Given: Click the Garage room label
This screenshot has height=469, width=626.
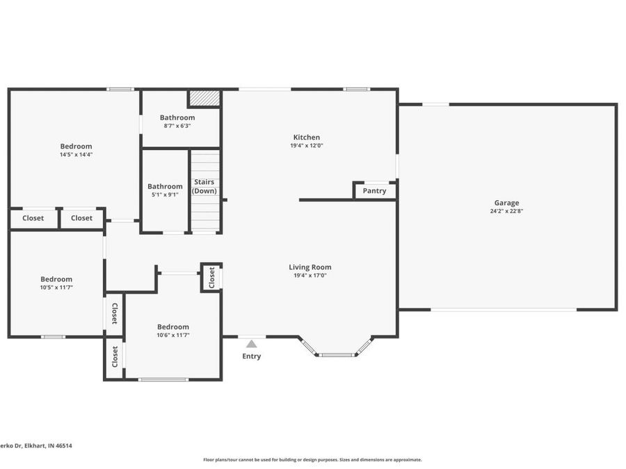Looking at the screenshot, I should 506,203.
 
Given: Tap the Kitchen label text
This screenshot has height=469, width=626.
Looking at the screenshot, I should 306,138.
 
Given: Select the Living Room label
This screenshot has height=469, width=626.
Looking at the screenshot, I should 310,267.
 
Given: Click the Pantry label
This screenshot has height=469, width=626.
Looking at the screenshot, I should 374,191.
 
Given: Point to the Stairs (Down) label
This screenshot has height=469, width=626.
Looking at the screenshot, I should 204,186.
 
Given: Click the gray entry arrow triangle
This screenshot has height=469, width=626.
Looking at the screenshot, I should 251,343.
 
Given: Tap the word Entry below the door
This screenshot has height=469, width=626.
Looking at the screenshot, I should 251,356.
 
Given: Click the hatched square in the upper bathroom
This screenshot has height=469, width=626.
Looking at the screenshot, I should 204,98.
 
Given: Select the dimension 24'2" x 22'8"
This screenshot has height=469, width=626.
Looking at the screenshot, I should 506,211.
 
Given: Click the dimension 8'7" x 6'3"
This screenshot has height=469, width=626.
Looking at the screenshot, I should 177,126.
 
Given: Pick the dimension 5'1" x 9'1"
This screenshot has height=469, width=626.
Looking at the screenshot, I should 165,195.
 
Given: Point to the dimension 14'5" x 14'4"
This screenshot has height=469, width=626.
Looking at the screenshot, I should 76,154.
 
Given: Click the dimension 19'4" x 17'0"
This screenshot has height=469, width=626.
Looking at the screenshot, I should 310,275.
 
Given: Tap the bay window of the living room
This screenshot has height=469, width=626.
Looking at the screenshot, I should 337,354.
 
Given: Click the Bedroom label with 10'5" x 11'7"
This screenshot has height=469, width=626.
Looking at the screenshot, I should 56,279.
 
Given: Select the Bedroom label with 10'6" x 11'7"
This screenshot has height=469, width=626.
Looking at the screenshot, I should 172,327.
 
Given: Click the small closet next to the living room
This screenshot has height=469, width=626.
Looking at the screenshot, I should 211,277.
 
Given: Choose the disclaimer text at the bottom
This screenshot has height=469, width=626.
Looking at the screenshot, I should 312,459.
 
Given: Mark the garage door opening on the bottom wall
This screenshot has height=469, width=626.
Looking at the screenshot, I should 504,310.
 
